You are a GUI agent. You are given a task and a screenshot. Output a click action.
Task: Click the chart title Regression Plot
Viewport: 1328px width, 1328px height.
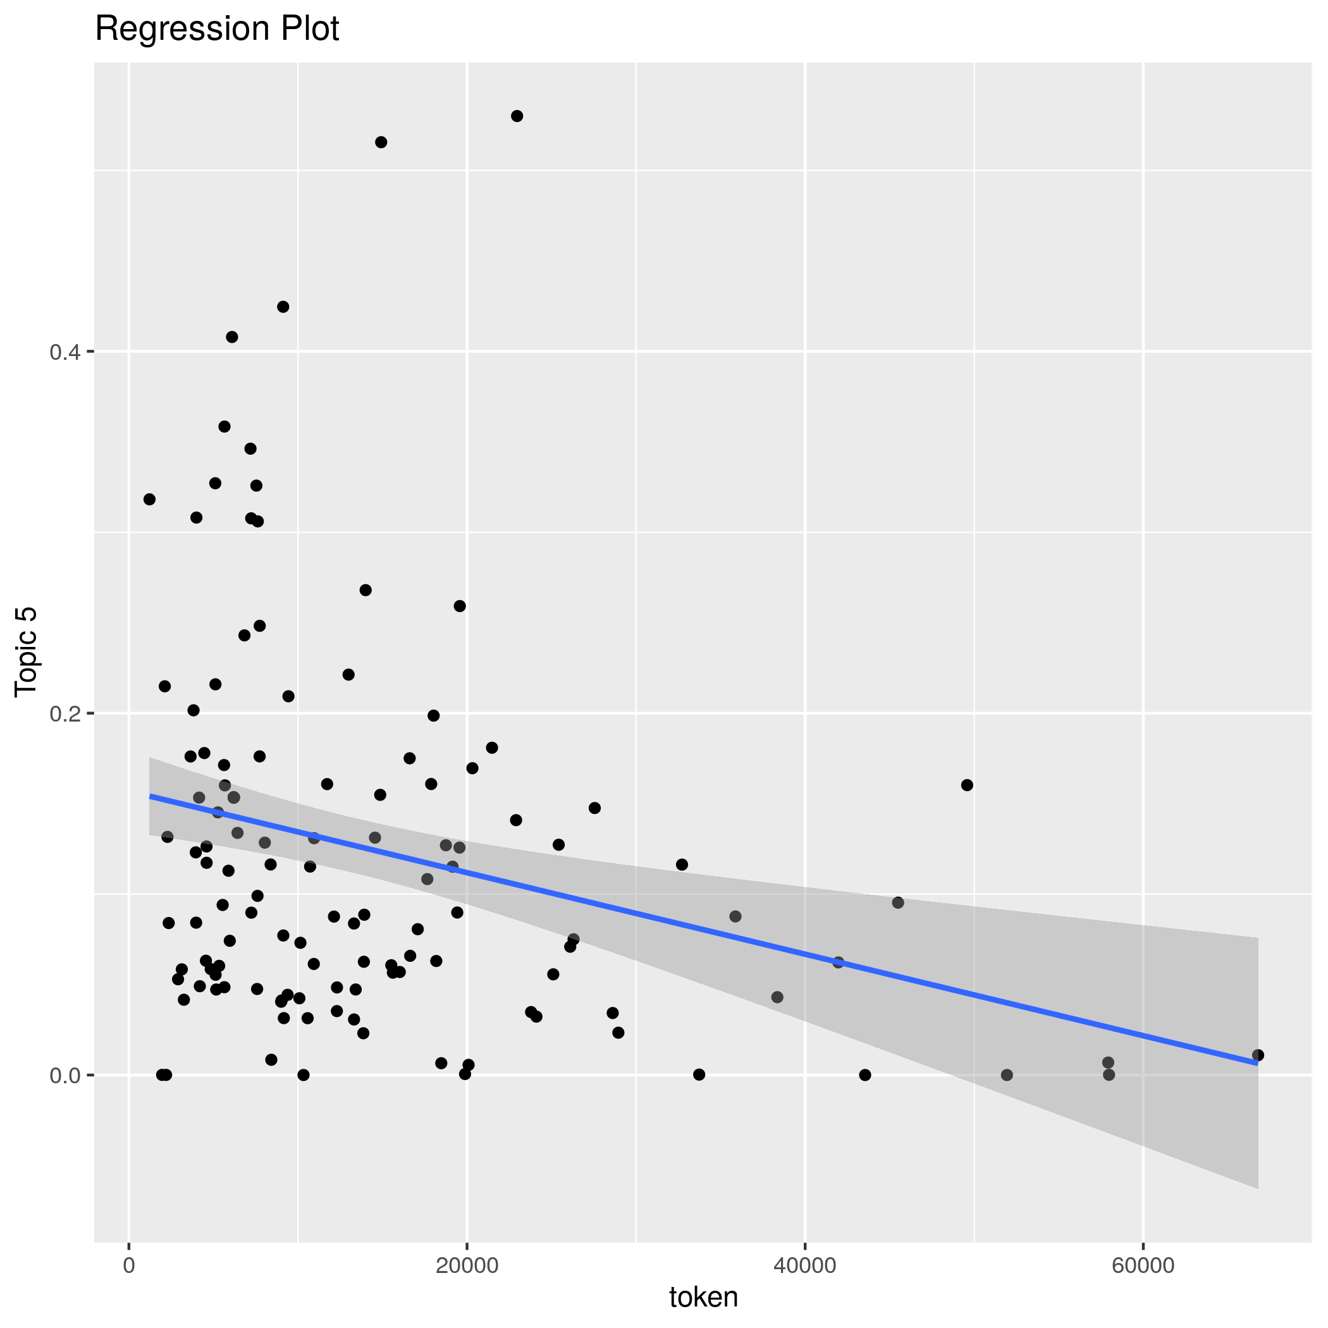pos(216,30)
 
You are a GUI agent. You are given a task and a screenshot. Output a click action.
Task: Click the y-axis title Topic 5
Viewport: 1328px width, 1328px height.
pos(26,651)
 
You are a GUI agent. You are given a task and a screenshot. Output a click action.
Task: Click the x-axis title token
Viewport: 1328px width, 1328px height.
pos(703,1296)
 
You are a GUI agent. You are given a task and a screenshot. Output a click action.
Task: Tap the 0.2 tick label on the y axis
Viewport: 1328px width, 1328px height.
pos(65,713)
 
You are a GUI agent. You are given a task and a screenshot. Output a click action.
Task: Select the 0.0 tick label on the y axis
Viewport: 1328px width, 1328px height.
pos(65,1075)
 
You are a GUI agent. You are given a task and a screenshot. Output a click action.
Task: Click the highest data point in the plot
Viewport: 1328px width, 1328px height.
pos(517,116)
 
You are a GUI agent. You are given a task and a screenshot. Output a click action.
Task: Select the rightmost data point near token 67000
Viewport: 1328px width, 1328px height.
pos(1258,1055)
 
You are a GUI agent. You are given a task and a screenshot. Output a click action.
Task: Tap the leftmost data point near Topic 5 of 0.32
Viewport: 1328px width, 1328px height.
pos(149,499)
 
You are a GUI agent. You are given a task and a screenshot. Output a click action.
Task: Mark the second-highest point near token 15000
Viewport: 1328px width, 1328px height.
pos(381,142)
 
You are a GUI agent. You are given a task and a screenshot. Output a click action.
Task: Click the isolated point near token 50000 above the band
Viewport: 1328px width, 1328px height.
pos(967,785)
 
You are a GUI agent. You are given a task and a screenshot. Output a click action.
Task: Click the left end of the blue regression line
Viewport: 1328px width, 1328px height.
pos(150,796)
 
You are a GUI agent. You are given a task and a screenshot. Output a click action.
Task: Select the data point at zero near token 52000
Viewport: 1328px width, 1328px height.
pos(1007,1075)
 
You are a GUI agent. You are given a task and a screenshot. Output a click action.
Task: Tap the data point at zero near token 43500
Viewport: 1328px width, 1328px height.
pos(864,1075)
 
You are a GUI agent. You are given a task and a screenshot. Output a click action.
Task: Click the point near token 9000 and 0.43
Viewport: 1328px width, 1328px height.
pos(283,307)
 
